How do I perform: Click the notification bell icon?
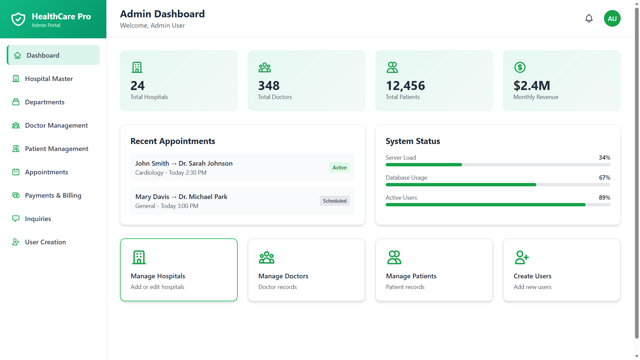pos(589,18)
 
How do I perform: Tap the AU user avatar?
pos(612,18)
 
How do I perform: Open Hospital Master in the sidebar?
pos(49,79)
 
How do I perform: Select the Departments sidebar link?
pos(45,102)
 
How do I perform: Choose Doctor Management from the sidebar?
pos(56,125)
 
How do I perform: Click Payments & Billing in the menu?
pos(53,195)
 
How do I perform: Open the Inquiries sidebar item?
pos(38,219)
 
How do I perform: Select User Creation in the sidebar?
pos(45,242)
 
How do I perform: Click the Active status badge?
pos(339,167)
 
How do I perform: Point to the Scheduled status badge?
pos(335,201)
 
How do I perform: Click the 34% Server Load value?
pos(604,158)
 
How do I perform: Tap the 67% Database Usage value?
pos(604,178)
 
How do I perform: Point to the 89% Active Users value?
pos(604,198)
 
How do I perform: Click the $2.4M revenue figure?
pos(532,86)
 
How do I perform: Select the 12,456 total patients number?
pos(405,86)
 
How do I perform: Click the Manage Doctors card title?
pos(283,276)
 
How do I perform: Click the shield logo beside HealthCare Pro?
pos(18,19)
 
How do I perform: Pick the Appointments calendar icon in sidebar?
pos(16,172)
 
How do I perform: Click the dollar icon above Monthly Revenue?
pos(520,67)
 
